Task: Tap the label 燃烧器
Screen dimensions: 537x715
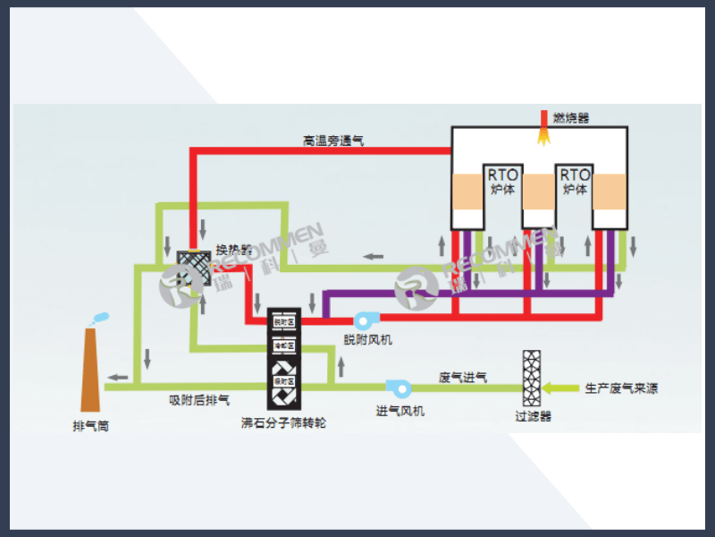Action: coord(571,117)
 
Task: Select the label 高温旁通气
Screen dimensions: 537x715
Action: coord(333,141)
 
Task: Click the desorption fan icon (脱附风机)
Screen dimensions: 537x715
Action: coord(365,320)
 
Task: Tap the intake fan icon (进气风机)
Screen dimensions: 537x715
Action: coord(398,388)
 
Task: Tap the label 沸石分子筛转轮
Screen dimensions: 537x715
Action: coord(284,422)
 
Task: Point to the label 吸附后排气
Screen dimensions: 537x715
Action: coord(199,399)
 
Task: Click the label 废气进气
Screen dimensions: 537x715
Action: coord(463,378)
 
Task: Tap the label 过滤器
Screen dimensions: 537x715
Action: coord(534,416)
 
